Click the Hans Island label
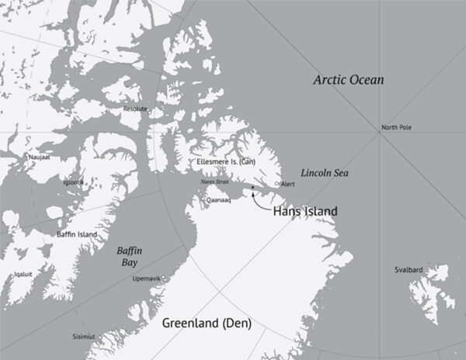(304, 210)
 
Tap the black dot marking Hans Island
(252, 187)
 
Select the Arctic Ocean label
(349, 80)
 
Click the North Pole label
(397, 127)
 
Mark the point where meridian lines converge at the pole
(378, 133)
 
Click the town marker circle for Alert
(278, 184)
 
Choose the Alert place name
(288, 185)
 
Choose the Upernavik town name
(148, 277)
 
